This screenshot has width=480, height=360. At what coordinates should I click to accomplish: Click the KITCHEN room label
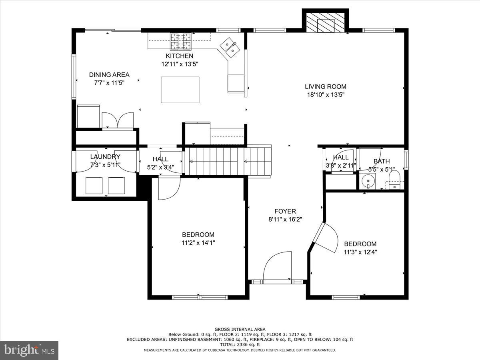(x=179, y=56)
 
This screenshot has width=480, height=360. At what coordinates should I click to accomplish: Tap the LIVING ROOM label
(x=325, y=86)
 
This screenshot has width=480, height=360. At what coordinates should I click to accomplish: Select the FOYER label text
(x=285, y=211)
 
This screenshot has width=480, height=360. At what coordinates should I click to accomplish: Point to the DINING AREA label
(x=109, y=75)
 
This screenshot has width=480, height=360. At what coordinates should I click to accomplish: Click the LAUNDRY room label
(x=105, y=157)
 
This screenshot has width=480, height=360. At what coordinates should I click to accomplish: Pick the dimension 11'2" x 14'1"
(x=198, y=242)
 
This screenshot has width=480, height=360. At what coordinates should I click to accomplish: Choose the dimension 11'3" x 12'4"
(x=360, y=252)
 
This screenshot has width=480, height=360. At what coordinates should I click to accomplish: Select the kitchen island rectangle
(x=180, y=90)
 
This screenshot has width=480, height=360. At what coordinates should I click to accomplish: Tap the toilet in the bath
(x=394, y=179)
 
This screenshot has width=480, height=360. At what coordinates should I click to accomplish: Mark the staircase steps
(x=228, y=161)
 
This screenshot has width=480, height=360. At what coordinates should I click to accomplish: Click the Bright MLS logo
(x=29, y=350)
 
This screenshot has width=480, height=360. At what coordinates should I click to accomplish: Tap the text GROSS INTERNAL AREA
(x=240, y=329)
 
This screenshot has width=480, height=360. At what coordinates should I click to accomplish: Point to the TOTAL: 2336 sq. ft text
(x=240, y=344)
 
